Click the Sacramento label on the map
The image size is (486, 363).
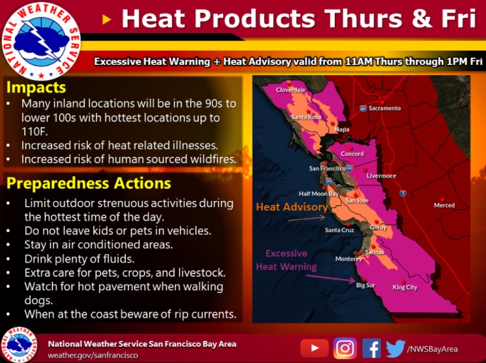tap(385, 108)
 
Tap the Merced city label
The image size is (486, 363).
tap(444, 205)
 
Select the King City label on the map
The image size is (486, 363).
tap(405, 287)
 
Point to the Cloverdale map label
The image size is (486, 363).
tap(291, 90)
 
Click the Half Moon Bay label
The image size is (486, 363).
tap(319, 194)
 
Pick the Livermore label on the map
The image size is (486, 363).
tap(382, 176)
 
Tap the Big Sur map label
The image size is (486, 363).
tap(365, 285)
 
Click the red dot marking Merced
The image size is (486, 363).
tap(443, 200)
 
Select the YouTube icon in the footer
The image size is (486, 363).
tap(314, 348)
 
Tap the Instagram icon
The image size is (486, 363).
tap(345, 348)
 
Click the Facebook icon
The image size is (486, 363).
tap(372, 348)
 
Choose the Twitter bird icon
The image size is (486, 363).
tap(396, 348)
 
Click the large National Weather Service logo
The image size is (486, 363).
tap(41, 41)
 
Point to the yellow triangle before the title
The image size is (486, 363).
tap(106, 20)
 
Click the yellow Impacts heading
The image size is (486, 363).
tap(36, 88)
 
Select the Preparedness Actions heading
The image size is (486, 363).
tap(89, 183)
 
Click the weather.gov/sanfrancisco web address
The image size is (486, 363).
tap(93, 355)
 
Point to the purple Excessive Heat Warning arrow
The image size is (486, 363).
tap(331, 279)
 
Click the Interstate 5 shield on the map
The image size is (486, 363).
tap(403, 194)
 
